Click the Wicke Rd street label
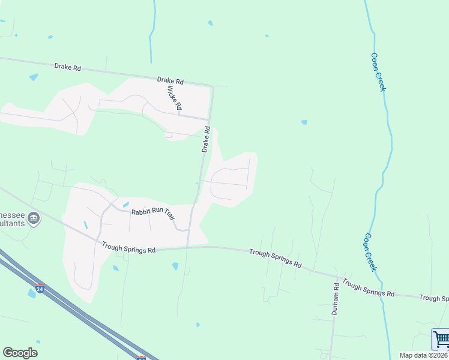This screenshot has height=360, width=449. pyautogui.click(x=174, y=97)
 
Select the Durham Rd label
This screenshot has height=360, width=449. pyautogui.click(x=336, y=299)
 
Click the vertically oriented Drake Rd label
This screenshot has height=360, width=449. pyautogui.click(x=205, y=139)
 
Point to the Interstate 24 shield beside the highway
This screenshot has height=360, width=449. pyautogui.click(x=40, y=288)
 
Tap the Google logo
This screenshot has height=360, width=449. pyautogui.click(x=20, y=353)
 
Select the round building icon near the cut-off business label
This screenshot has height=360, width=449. pyautogui.click(x=34, y=218)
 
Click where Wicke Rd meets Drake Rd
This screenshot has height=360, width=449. pyautogui.click(x=210, y=119)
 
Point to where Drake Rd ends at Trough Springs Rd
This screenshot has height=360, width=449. pyautogui.click(x=188, y=247)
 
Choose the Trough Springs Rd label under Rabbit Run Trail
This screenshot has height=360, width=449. pyautogui.click(x=128, y=247)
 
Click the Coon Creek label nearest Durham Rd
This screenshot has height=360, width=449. pyautogui.click(x=369, y=253)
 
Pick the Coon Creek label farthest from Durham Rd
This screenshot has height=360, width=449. pyautogui.click(x=378, y=72)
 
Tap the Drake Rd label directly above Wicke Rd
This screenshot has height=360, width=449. pyautogui.click(x=170, y=80)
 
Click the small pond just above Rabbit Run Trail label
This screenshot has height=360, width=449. pyautogui.click(x=125, y=205)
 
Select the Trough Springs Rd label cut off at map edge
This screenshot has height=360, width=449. pyautogui.click(x=433, y=298)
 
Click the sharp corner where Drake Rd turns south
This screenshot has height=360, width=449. pyautogui.click(x=212, y=87)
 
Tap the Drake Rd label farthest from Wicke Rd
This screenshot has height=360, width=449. pyautogui.click(x=67, y=67)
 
